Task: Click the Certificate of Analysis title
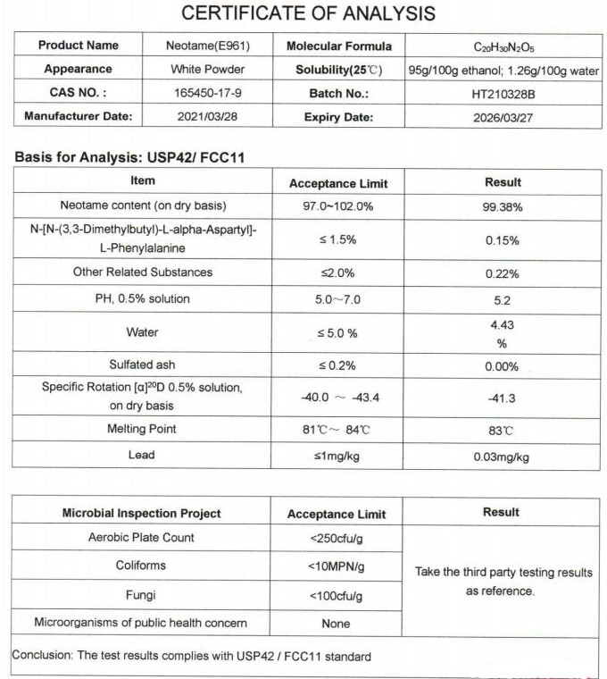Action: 309,14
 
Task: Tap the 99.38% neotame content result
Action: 503,205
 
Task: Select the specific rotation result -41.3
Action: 503,397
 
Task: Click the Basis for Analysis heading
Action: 130,157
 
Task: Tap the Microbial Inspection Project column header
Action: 141,514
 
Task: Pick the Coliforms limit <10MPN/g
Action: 338,566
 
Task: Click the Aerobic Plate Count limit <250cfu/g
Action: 338,539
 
